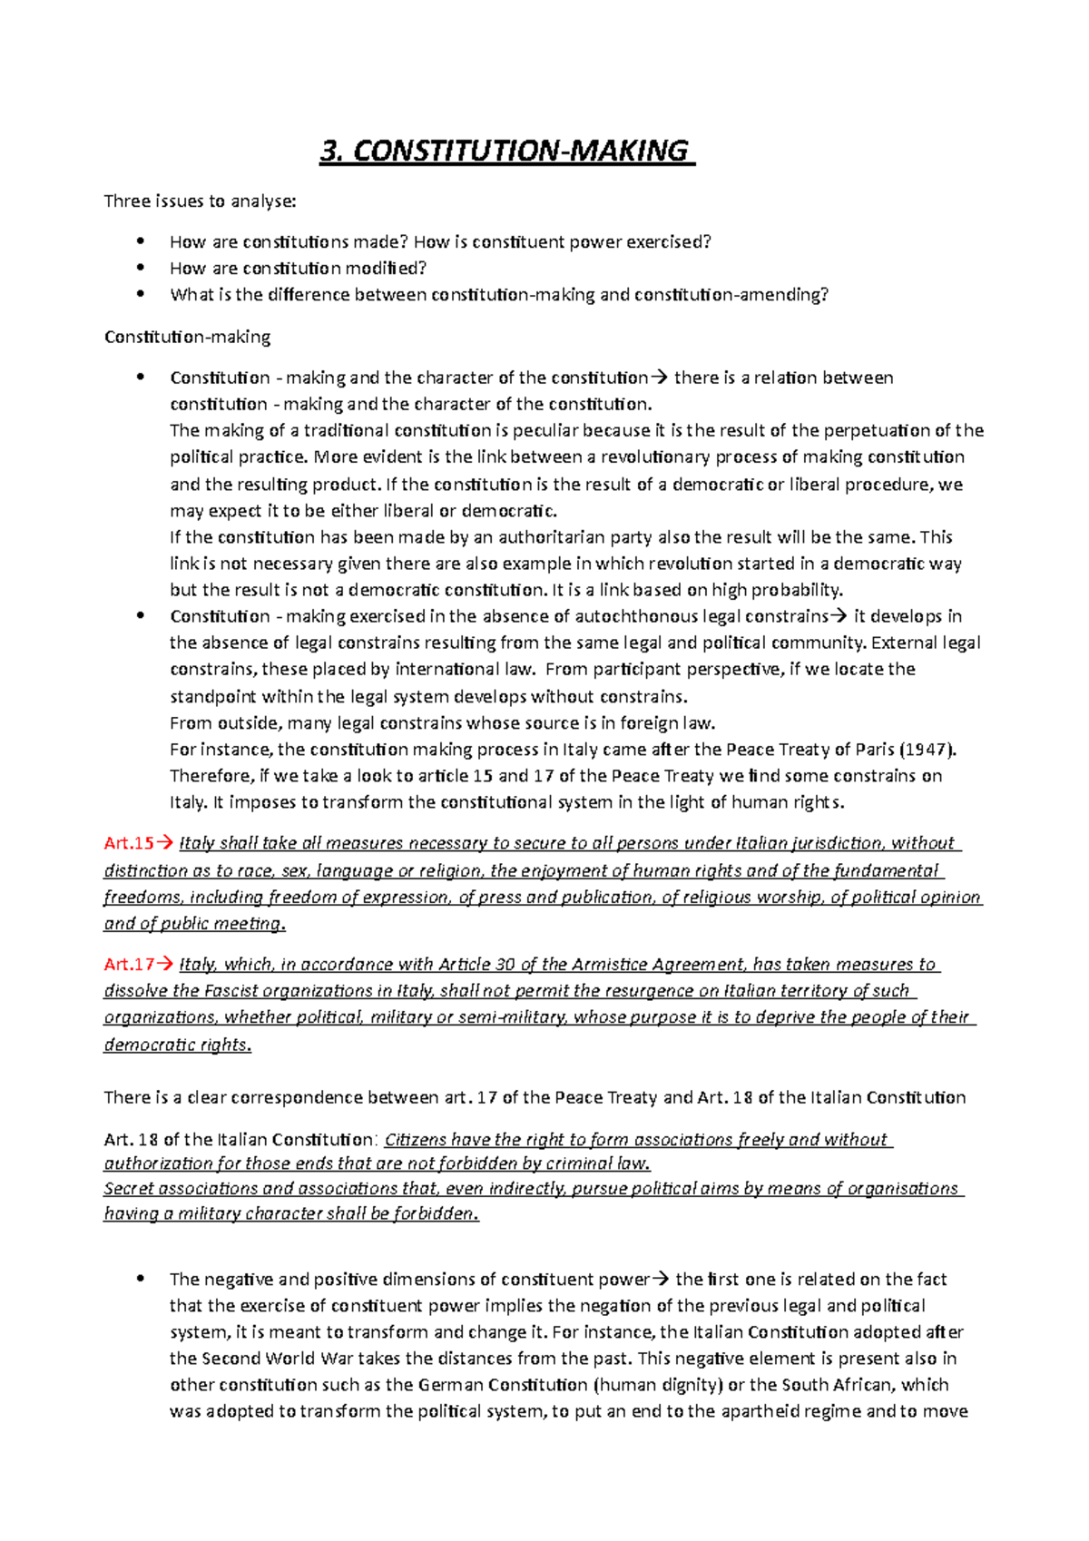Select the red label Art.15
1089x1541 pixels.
pyautogui.click(x=129, y=843)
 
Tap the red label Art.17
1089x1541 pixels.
pyautogui.click(x=129, y=964)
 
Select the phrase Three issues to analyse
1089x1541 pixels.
pyautogui.click(x=200, y=201)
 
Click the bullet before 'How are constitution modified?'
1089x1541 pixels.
pyautogui.click(x=140, y=268)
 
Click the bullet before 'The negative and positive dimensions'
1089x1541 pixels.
pyautogui.click(x=140, y=1279)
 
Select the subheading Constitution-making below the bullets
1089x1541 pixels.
pyautogui.click(x=187, y=337)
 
